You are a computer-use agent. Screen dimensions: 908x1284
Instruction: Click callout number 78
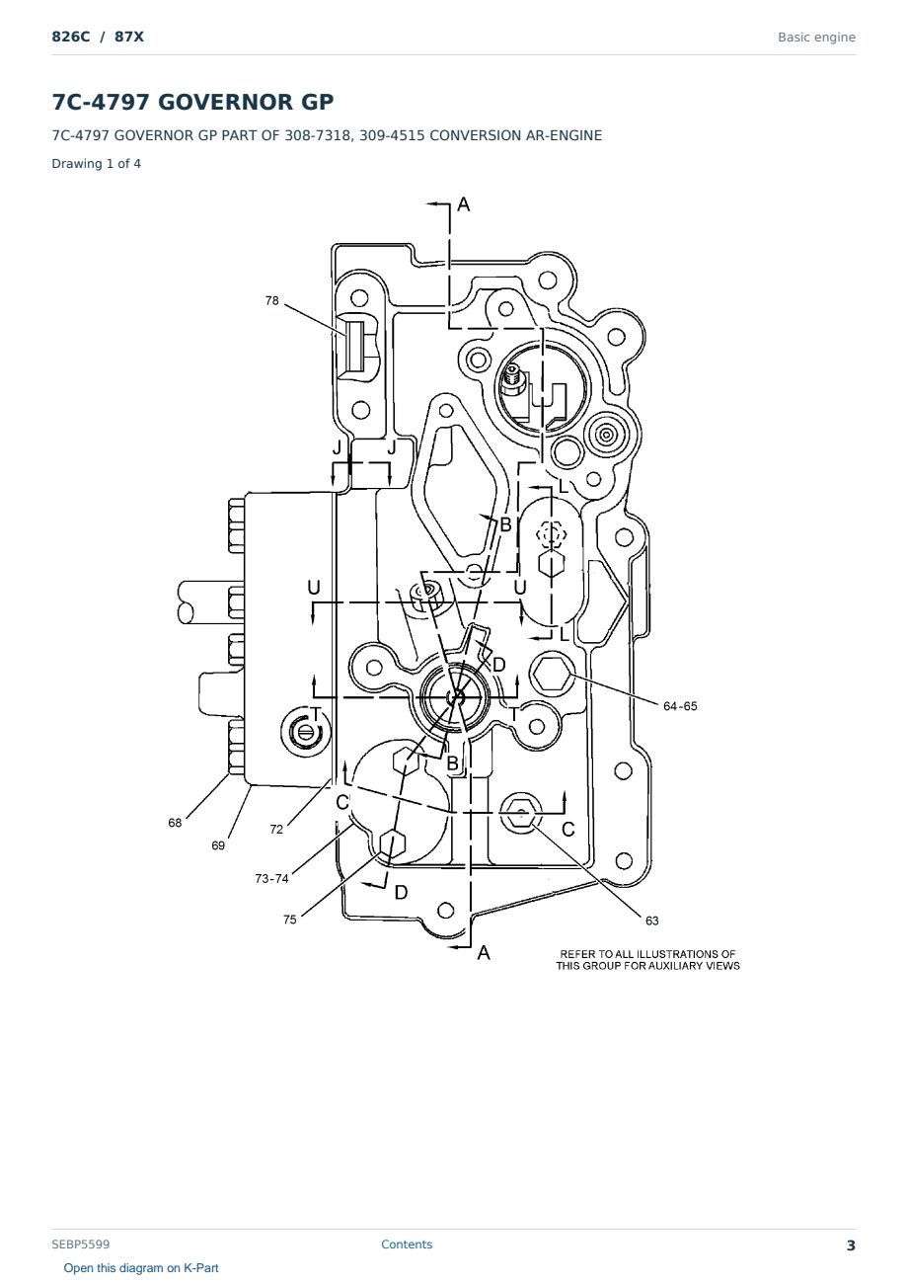click(x=271, y=300)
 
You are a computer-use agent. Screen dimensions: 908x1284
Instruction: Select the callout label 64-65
click(x=680, y=706)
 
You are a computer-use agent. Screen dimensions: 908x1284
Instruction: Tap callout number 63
click(x=652, y=921)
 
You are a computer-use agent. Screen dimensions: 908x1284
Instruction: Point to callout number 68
click(x=175, y=823)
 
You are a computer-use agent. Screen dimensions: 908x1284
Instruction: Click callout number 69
click(x=218, y=845)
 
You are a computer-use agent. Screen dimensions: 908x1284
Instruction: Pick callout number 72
click(x=276, y=830)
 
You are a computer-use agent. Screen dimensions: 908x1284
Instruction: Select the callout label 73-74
click(x=271, y=879)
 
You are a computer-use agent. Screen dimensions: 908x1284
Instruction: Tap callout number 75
click(x=290, y=920)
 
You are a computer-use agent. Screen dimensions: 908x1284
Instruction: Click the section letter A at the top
click(x=464, y=204)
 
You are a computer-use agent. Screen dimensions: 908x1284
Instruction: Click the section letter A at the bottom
click(x=484, y=953)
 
